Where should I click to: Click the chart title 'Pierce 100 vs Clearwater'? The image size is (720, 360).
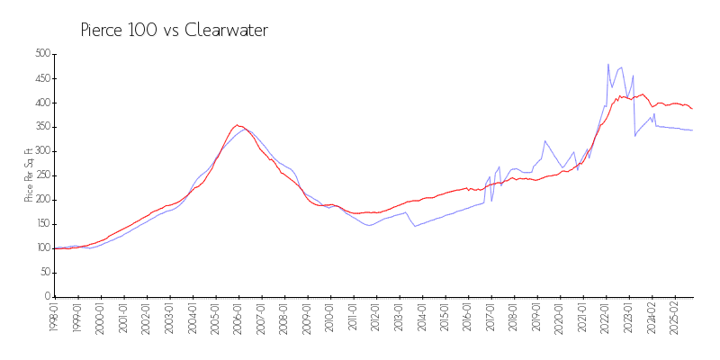[175, 31]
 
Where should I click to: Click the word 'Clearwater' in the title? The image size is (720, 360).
[226, 31]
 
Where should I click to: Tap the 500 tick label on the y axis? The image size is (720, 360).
[40, 54]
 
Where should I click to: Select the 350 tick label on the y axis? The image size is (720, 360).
[40, 127]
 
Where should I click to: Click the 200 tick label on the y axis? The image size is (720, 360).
[40, 200]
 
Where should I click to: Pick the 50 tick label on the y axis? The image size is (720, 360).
[43, 273]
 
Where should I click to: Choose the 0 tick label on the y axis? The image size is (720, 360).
[46, 297]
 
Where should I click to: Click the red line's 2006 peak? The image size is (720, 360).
[237, 125]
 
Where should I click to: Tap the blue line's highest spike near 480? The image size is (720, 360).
[608, 65]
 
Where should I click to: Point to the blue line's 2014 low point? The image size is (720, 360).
[415, 226]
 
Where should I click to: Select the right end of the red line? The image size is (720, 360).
[692, 109]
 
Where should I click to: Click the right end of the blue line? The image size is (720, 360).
[692, 130]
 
